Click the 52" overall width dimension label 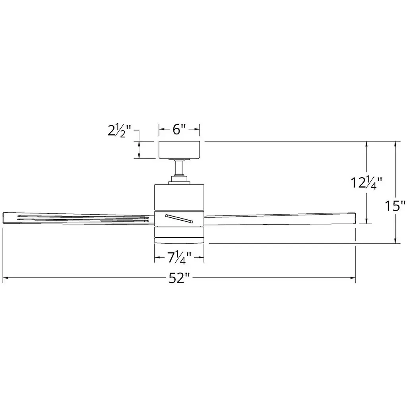[x=180, y=278]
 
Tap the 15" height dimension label [x=395, y=206]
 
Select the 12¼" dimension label [x=366, y=183]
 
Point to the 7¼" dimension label [x=179, y=258]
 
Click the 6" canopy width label [x=179, y=129]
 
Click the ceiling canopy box [x=179, y=150]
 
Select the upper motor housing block [x=179, y=197]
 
